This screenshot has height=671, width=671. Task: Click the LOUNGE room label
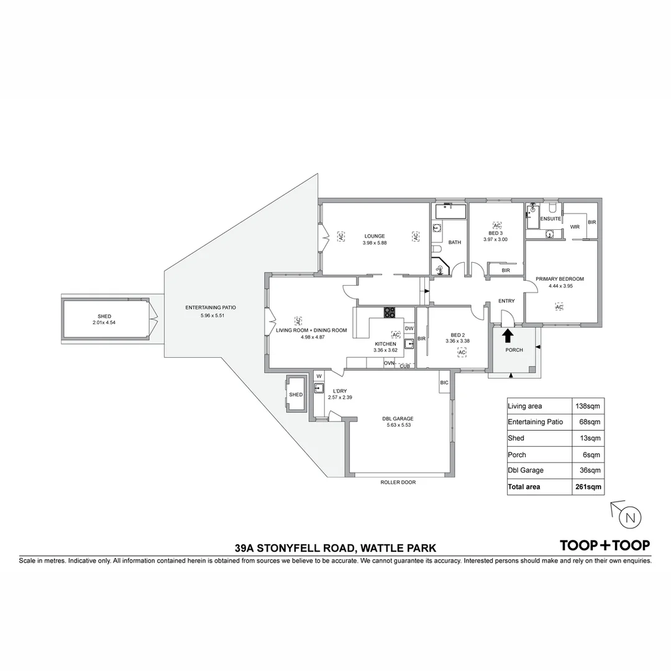(375, 236)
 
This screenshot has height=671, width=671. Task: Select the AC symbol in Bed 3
(496, 225)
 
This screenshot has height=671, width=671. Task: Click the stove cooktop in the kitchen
(390, 313)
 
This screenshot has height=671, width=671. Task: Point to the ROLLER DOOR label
(398, 482)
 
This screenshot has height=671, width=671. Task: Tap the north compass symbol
(630, 517)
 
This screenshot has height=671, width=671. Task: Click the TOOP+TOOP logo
(605, 545)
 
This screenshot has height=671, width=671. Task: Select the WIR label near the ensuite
(575, 227)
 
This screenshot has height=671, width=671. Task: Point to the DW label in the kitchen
(409, 329)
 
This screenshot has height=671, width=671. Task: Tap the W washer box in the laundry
(319, 376)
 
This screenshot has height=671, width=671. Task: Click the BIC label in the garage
(444, 383)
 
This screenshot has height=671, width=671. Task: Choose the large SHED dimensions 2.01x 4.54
(104, 322)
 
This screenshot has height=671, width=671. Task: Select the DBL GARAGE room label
(398, 418)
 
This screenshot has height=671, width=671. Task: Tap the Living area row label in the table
(525, 406)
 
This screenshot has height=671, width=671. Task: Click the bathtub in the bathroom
(449, 211)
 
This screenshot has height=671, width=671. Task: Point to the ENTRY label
(506, 301)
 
